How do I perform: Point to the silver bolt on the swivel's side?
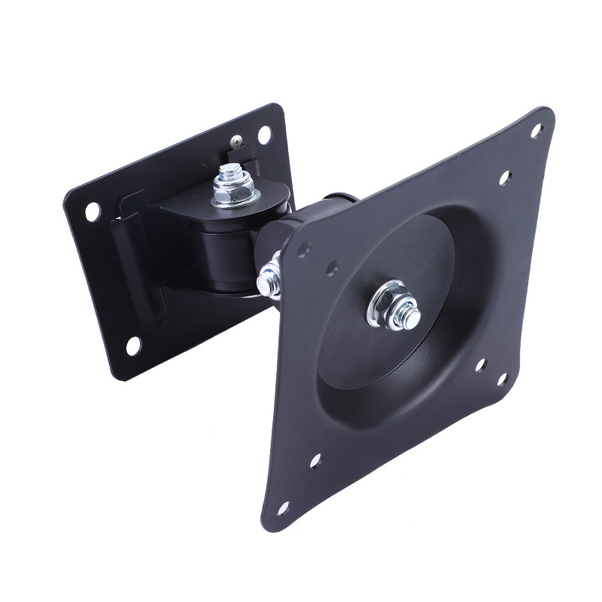click(268, 280)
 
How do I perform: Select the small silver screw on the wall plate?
click(238, 139)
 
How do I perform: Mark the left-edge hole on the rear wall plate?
click(92, 211)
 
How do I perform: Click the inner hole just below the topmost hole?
click(505, 178)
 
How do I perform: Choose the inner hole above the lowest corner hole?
click(315, 460)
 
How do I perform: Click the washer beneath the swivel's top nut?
click(235, 200)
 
